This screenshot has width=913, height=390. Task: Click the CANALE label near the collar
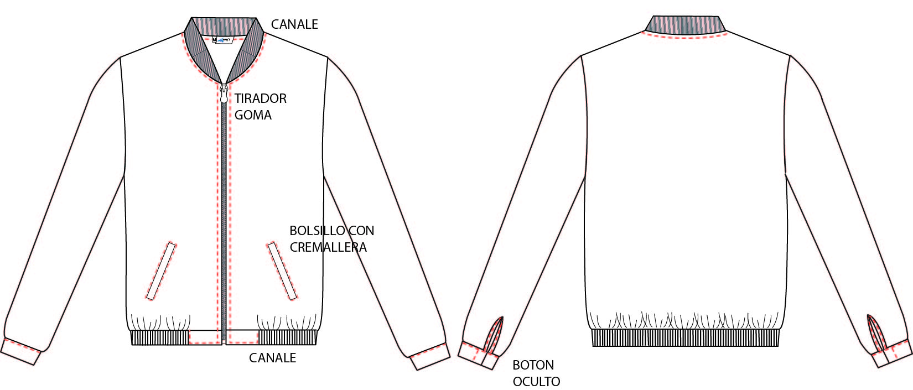pyautogui.click(x=294, y=24)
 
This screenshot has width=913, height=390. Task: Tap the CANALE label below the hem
pyautogui.click(x=272, y=358)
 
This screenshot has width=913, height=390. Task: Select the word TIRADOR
pyautogui.click(x=261, y=98)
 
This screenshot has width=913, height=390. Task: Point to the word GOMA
pyautogui.click(x=253, y=115)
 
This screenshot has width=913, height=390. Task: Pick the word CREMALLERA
pyautogui.click(x=328, y=247)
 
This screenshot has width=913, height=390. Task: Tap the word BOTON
pyautogui.click(x=533, y=365)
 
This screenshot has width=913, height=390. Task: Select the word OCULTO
pyautogui.click(x=536, y=382)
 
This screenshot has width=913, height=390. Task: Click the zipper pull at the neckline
pyautogui.click(x=224, y=93)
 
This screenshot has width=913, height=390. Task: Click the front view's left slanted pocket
pyautogui.click(x=161, y=271)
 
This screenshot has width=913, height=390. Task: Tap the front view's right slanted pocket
pyautogui.click(x=282, y=271)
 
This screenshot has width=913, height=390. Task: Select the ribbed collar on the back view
pyautogui.click(x=685, y=24)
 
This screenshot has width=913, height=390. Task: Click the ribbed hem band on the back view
pyautogui.click(x=686, y=338)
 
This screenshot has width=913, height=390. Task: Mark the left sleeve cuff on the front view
pyautogui.click(x=20, y=352)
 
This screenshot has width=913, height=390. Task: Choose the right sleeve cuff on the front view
pyautogui.click(x=430, y=356)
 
